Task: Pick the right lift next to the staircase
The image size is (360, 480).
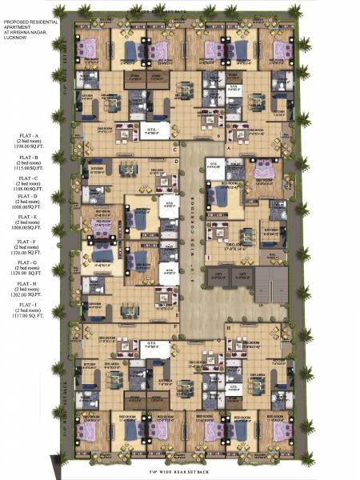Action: pos(240,276)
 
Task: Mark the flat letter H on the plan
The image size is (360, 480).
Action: pos(229,328)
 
